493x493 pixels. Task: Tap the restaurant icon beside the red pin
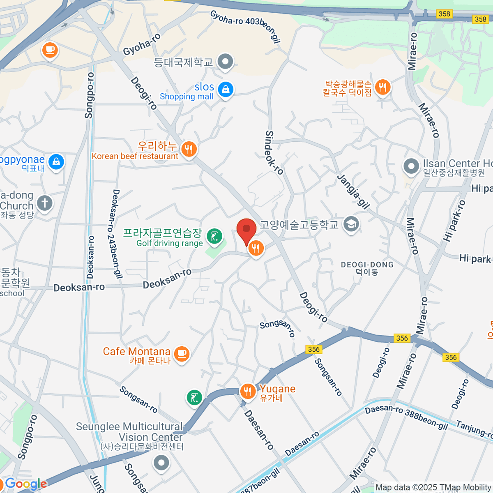(256, 248)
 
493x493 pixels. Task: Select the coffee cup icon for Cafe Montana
(182, 353)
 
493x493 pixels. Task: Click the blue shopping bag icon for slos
(225, 89)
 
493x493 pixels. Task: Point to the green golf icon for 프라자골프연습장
(214, 236)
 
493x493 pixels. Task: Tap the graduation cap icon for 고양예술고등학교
(351, 224)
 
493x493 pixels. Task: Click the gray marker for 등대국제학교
(225, 62)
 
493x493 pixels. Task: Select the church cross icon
(44, 203)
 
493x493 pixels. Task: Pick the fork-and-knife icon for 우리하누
(189, 149)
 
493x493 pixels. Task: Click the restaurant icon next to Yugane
(247, 392)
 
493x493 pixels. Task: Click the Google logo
(25, 484)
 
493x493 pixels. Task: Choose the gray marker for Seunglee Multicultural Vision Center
(161, 463)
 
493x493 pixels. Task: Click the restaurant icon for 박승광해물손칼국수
(382, 87)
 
